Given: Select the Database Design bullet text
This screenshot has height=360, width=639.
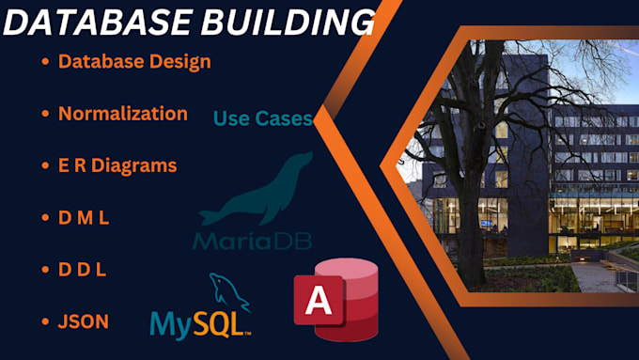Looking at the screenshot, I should [x=133, y=62].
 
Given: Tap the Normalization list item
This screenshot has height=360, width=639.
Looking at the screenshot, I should [x=122, y=114].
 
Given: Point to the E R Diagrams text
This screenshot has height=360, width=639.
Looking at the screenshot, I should [x=117, y=165].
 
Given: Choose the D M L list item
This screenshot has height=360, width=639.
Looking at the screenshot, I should [x=84, y=217].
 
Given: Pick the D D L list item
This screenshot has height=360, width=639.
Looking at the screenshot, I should [x=82, y=269].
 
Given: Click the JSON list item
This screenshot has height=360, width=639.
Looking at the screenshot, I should [x=83, y=321].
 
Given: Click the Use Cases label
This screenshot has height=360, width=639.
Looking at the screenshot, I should [x=262, y=118].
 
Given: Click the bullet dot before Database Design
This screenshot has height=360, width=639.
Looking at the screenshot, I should [x=45, y=63].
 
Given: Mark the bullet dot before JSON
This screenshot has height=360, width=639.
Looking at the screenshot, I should [x=45, y=321].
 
